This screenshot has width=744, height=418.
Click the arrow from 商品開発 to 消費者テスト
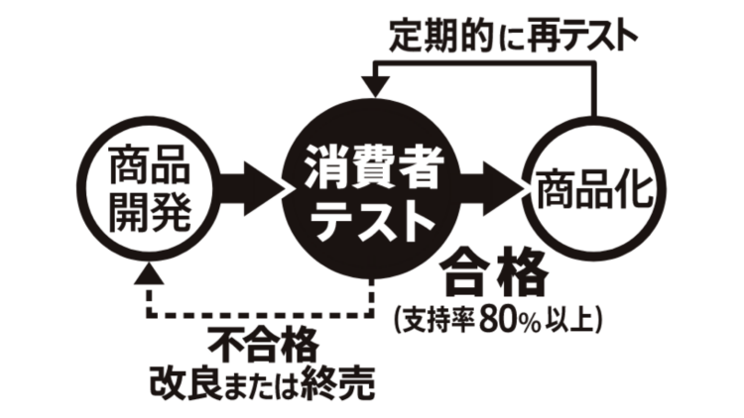[x=252, y=190]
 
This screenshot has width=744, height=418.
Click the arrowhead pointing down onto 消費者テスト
[x=375, y=87]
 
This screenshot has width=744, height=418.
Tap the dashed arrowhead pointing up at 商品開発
[x=149, y=273]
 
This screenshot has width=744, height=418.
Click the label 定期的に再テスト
[x=513, y=37]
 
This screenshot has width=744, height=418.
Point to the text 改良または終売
[x=263, y=383]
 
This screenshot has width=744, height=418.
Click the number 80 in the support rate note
[x=496, y=320]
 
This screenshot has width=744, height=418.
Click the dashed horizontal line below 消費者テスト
[x=261, y=315]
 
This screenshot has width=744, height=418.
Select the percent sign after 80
[x=528, y=322]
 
